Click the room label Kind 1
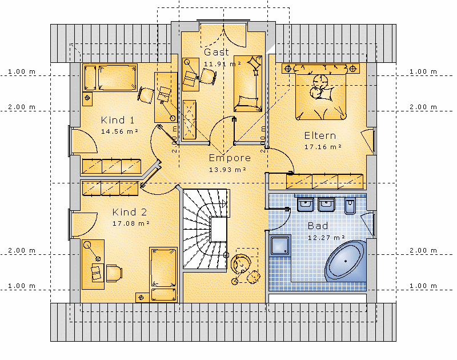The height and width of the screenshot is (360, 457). point(118,120)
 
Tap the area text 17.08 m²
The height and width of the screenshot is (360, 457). point(131,223)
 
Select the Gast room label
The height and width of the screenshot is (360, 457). point(217,52)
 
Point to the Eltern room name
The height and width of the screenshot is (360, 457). point(320,135)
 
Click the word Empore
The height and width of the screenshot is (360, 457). point(230,158)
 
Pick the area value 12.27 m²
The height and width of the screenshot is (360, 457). point(326,238)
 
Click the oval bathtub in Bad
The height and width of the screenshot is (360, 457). point(346,261)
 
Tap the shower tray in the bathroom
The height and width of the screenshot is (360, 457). point(280,246)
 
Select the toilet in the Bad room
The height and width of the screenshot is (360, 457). point(350,206)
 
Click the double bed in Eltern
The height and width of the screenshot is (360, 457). point(320,93)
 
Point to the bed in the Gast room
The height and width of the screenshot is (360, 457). point(248,83)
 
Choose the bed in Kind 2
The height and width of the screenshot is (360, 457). point(163,275)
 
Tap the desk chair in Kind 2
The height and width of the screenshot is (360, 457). point(114,273)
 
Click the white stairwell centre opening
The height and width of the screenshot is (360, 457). point(219,229)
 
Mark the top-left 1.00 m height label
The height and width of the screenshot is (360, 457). point(22,71)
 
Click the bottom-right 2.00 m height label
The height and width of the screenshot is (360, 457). point(423,250)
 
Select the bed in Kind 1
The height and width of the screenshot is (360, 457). point(110,78)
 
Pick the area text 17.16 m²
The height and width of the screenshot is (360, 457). point(323,147)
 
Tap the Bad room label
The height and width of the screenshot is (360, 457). point(318,226)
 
